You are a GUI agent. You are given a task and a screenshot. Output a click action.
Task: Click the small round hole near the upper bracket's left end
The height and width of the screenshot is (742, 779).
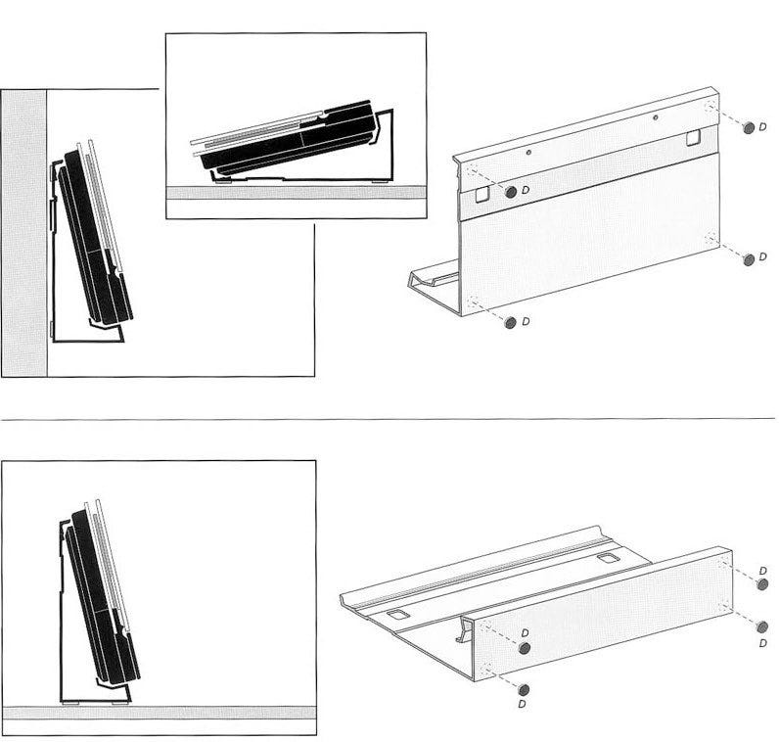coord(528,153)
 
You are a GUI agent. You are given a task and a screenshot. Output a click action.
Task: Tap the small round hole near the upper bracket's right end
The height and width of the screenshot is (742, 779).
coord(656,117)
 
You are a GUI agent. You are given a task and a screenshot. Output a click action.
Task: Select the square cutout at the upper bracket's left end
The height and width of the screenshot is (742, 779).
coord(482,194)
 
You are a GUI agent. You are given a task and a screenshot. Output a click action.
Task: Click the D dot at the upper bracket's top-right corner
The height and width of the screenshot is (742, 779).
coord(749,127)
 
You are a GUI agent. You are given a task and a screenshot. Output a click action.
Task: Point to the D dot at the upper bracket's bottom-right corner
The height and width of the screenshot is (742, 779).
coord(749,259)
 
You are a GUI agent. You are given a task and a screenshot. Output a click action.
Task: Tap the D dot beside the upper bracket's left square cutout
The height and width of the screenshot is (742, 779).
coord(510,192)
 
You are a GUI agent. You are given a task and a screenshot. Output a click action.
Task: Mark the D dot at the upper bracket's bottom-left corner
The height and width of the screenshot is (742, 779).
coord(510,322)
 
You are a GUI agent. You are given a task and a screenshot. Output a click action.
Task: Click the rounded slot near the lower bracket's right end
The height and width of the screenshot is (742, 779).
coord(606,558)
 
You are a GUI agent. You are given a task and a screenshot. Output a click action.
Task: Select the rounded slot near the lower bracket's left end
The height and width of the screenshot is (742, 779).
coord(397,615)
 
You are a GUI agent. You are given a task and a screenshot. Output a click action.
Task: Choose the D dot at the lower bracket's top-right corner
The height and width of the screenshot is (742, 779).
coord(762,584)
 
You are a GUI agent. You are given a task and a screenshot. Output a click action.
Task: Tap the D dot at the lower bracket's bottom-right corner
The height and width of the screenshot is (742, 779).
coord(761,626)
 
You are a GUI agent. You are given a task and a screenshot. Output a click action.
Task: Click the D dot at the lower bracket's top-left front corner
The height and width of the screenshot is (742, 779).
coord(524,648)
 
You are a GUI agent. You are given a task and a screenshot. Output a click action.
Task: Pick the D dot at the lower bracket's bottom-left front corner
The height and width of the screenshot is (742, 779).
coord(524,689)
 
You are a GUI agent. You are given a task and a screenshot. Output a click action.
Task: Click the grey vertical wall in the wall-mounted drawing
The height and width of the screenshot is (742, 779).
coord(23,233)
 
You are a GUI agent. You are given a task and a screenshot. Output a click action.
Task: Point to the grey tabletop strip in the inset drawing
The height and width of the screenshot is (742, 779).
coord(297,193)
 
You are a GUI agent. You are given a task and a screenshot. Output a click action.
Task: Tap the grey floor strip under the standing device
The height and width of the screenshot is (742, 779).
coord(159,713)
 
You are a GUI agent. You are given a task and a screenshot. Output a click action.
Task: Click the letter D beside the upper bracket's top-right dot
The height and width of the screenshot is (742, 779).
coord(762,127)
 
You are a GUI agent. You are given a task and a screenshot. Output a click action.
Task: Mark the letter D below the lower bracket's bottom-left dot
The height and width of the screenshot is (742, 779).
coord(522,704)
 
